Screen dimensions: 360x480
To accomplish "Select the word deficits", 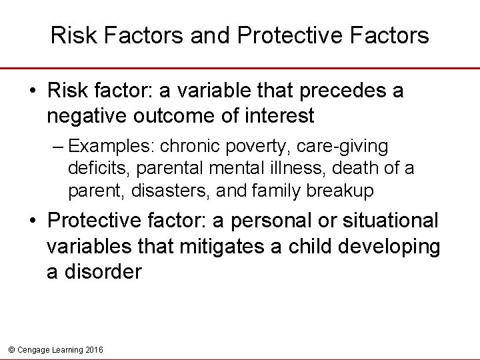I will tap(93, 169).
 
